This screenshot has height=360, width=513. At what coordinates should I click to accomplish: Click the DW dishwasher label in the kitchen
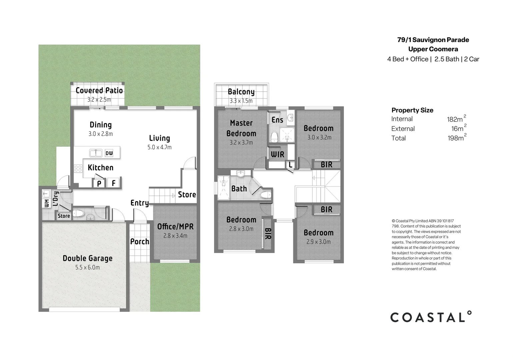click(x=109, y=153)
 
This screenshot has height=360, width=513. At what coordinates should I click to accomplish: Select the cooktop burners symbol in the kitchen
click(x=78, y=169)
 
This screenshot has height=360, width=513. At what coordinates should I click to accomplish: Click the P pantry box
click(x=99, y=183)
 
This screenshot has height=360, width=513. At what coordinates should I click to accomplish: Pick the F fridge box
click(x=113, y=183)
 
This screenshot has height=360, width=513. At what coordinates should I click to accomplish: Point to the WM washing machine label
click(x=47, y=203)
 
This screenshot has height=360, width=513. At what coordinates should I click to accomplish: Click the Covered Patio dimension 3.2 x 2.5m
click(x=99, y=100)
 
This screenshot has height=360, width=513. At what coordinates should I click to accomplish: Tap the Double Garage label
click(x=87, y=258)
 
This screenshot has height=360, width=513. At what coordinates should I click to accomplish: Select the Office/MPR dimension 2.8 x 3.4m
click(x=175, y=236)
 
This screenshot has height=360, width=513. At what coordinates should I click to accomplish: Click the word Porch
click(x=140, y=241)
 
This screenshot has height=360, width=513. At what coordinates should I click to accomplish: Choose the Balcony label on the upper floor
click(x=241, y=92)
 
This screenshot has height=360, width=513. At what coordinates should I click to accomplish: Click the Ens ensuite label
click(x=277, y=120)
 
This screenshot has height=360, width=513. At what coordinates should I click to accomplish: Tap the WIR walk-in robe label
click(x=278, y=155)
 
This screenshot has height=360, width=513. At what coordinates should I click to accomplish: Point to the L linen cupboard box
click(x=290, y=165)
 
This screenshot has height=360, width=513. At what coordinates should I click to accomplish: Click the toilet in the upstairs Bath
click(x=266, y=195)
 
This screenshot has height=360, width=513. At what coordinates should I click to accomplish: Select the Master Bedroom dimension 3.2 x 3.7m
click(x=241, y=143)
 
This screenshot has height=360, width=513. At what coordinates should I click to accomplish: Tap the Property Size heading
click(x=412, y=110)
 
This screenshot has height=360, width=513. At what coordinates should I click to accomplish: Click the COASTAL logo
click(x=431, y=317)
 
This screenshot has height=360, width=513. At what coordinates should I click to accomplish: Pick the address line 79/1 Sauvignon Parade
click(x=433, y=40)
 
